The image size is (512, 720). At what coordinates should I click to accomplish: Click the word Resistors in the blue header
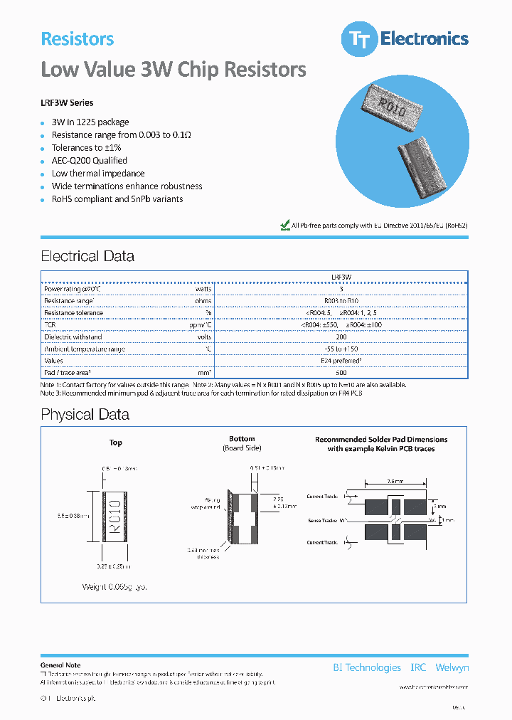pyautogui.click(x=77, y=39)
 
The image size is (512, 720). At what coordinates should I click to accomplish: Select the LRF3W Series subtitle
pyautogui.click(x=67, y=103)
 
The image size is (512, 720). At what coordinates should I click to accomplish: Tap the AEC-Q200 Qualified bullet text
pyautogui.click(x=89, y=161)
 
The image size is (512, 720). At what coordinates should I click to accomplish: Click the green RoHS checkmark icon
pyautogui.click(x=285, y=225)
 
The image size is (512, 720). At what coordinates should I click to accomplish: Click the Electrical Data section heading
pyautogui.click(x=87, y=256)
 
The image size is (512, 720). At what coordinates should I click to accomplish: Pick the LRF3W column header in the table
pyautogui.click(x=341, y=277)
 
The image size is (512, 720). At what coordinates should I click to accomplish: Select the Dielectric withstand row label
pyautogui.click(x=73, y=337)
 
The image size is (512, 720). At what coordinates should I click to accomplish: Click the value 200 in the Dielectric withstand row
pyautogui.click(x=341, y=337)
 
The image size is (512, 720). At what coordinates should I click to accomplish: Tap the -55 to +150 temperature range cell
pyautogui.click(x=341, y=349)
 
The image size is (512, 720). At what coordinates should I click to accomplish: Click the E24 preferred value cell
pyautogui.click(x=341, y=361)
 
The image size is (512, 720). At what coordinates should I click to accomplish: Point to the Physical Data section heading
pyautogui.click(x=85, y=415)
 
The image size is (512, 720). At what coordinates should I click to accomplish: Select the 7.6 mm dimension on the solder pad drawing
pyautogui.click(x=395, y=481)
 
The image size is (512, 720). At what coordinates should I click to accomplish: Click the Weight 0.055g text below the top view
pyautogui.click(x=113, y=587)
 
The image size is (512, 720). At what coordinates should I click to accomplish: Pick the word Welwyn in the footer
pyautogui.click(x=452, y=667)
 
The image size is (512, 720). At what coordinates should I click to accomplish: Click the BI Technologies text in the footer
pyautogui.click(x=367, y=667)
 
